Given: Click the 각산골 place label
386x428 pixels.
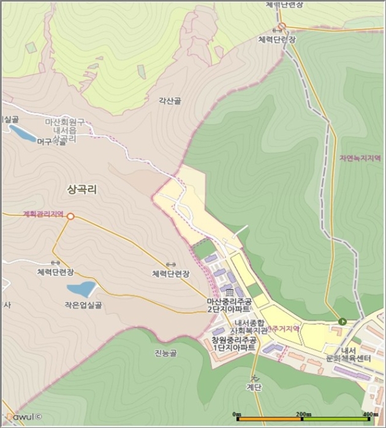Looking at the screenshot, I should pyautogui.click(x=170, y=101).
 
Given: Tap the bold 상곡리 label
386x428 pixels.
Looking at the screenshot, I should pyautogui.click(x=82, y=190).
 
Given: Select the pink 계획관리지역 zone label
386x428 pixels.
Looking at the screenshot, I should pyautogui.click(x=43, y=214).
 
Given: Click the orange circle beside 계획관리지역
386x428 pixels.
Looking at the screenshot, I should pyautogui.click(x=70, y=216).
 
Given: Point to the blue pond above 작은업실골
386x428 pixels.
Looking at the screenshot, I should pyautogui.click(x=81, y=289).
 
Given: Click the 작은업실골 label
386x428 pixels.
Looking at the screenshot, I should pyautogui.click(x=81, y=304).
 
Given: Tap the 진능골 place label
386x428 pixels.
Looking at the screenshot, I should pyautogui.click(x=165, y=353).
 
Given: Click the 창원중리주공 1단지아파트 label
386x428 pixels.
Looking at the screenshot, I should pyautogui.click(x=233, y=344).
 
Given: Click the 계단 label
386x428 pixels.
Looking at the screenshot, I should pyautogui.click(x=253, y=386).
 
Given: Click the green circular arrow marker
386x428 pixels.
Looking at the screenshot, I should pyautogui.click(x=342, y=322).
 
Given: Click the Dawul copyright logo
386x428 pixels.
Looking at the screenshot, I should pyautogui.click(x=20, y=417).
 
